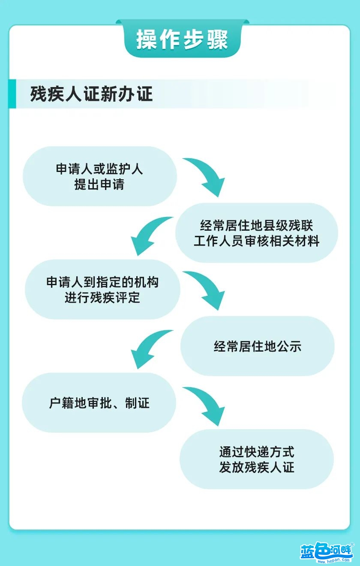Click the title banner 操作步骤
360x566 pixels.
coord(182,39)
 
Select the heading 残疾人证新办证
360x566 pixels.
coord(91,94)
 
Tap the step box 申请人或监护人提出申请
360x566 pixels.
coord(100,176)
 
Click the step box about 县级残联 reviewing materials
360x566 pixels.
coord(257,233)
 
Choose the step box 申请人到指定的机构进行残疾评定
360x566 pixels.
coord(102,289)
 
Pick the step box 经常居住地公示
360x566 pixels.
coord(258,346)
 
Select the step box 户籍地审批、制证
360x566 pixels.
coord(99,403)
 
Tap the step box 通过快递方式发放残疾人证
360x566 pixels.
coord(257,459)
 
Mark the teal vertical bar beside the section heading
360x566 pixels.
coord(12,94)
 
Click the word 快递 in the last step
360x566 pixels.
coord(257,452)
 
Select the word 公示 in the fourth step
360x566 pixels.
coord(289,346)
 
